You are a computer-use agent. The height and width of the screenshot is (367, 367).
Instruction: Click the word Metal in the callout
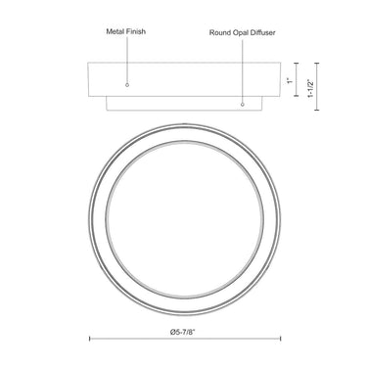tap(115, 31)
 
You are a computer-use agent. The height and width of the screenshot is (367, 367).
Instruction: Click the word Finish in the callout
tap(136, 31)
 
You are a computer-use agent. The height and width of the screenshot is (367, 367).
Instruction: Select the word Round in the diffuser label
tap(218, 32)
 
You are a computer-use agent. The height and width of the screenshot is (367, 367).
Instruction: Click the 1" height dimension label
tap(290, 80)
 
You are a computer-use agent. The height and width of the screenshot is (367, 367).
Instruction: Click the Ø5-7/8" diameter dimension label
tap(183, 332)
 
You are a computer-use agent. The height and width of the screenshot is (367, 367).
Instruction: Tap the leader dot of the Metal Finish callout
tap(127, 85)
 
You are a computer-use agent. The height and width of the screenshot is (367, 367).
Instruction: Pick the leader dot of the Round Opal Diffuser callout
tap(242, 105)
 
